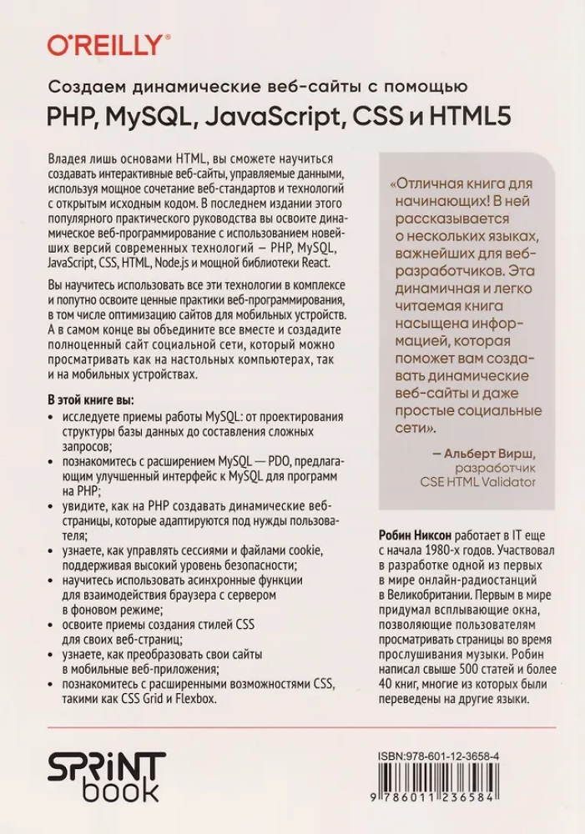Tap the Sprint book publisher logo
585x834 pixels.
click(106, 775)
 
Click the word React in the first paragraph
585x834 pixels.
click(315, 262)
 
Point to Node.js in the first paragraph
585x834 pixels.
click(171, 262)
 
